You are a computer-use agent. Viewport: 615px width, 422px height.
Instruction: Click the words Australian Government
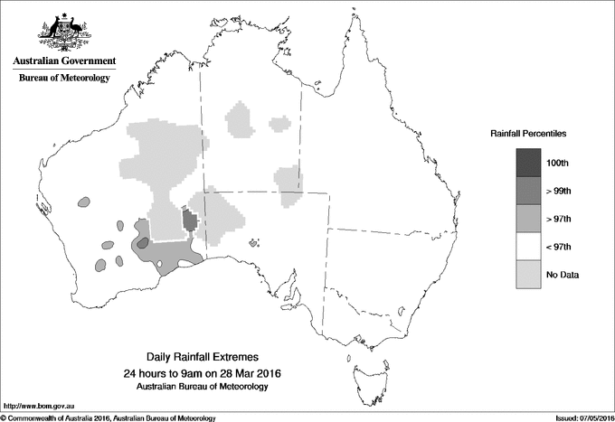(64, 61)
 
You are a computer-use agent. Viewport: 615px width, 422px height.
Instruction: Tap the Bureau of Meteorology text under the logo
(64, 79)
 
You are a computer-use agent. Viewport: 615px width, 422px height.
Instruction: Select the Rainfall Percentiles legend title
(528, 133)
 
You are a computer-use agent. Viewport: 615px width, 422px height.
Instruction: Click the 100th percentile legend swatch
(528, 163)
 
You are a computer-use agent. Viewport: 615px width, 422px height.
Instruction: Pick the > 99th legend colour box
(528, 191)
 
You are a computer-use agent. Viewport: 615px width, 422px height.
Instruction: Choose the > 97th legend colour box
(528, 219)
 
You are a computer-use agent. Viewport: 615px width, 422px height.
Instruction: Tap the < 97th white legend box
(528, 247)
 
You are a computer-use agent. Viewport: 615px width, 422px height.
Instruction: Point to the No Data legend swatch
(528, 275)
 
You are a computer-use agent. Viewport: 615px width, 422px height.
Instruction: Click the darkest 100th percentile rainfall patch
(189, 220)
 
